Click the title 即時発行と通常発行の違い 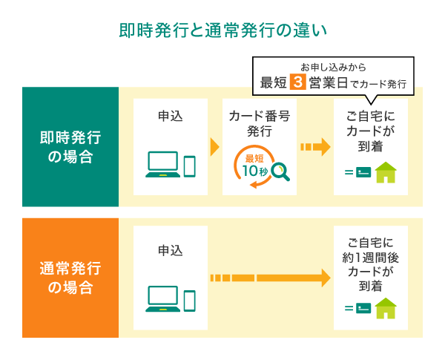pos(222,31)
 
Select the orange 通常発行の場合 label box pos(70,278)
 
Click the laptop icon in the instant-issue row pos(162,165)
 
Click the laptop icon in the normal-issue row pos(162,299)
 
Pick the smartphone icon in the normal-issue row pos(189,300)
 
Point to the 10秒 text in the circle pos(255,171)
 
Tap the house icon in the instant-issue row pos(386,173)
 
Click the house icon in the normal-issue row pos(386,307)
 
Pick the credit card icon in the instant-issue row pos(363,174)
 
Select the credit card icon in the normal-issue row pos(363,308)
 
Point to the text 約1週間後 pos(370,257)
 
